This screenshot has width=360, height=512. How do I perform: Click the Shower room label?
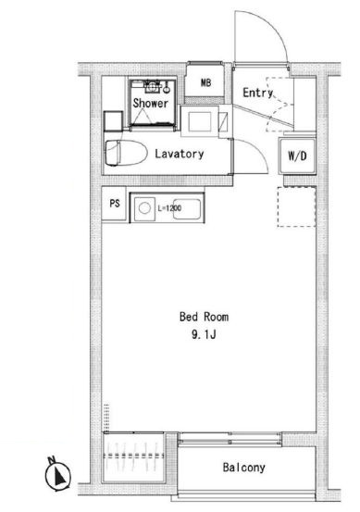(151, 103)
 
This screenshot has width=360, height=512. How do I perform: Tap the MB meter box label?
(205, 82)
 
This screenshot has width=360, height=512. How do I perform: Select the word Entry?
(258, 93)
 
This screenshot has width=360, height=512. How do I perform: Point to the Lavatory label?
(180, 154)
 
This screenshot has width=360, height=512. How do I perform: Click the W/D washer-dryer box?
(297, 156)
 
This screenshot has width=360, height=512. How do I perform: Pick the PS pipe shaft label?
(115, 204)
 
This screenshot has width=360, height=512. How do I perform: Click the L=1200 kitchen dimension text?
(169, 208)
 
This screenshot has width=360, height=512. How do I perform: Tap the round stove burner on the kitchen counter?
(144, 208)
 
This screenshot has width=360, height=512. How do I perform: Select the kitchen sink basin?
(186, 209)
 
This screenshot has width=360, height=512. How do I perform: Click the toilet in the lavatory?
(126, 153)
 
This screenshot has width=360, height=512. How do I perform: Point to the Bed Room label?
(204, 317)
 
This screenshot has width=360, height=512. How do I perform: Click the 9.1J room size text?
(204, 334)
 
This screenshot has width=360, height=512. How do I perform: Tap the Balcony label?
(243, 468)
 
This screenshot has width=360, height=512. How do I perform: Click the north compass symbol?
(57, 474)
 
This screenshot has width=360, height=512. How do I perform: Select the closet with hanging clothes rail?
(133, 457)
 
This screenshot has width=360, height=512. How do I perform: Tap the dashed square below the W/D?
(296, 206)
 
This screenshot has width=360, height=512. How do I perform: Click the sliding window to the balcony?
(230, 439)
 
